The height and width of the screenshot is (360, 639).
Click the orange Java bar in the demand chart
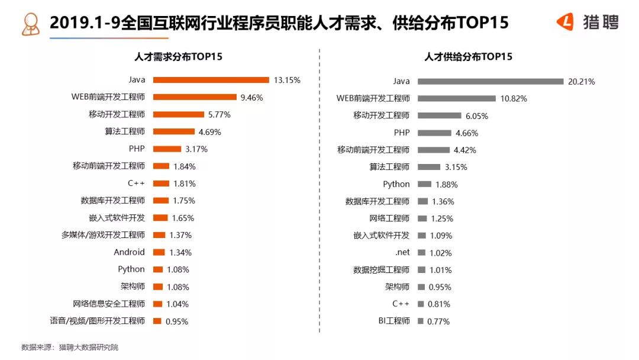211,80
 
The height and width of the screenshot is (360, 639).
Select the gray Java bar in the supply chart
490,81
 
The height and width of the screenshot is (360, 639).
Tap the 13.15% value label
287,80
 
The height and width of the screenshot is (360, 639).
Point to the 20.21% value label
581,81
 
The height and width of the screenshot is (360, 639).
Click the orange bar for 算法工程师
173,131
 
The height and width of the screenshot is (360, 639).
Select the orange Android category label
129,252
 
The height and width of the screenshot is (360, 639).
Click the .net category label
402,253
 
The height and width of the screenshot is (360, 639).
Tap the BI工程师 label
393,322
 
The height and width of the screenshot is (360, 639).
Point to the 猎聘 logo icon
566,22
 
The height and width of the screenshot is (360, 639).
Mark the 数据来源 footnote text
69,348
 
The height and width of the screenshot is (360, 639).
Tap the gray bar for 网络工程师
422,218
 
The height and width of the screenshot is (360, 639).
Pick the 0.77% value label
438,322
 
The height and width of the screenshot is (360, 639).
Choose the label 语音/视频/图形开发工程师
97,321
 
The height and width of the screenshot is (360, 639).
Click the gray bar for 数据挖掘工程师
421,270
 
